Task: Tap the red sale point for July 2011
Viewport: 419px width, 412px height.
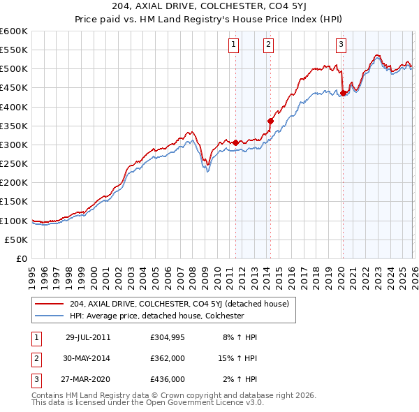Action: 236,142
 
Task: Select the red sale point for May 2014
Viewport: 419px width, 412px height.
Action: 270,121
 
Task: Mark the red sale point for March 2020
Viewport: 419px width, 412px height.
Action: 343,93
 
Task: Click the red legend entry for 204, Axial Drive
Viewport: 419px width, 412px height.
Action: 184,304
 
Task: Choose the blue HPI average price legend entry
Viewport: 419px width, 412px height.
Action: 166,316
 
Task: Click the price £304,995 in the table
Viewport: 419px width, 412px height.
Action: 167,337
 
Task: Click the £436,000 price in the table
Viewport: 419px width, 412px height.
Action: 167,380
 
